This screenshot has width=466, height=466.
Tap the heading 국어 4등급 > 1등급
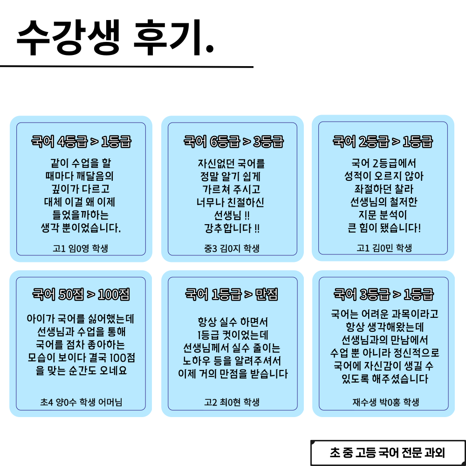[81, 142]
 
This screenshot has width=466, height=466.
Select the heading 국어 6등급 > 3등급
[233, 142]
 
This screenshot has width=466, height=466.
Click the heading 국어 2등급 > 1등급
[383, 142]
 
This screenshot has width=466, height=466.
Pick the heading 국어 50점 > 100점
[81, 295]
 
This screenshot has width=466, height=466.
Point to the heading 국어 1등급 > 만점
[232, 295]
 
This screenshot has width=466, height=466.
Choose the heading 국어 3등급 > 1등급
[384, 295]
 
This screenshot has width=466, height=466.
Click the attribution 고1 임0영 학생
[81, 248]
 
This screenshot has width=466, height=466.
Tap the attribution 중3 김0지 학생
[232, 248]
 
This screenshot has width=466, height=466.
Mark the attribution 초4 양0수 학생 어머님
[81, 402]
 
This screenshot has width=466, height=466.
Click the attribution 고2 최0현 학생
[232, 402]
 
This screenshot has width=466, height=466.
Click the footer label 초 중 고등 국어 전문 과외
[387, 452]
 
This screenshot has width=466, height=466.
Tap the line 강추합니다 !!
[232, 228]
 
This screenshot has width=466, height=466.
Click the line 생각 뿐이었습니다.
[81, 228]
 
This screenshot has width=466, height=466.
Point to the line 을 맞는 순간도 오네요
[81, 371]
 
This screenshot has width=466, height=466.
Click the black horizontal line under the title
[126, 67]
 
